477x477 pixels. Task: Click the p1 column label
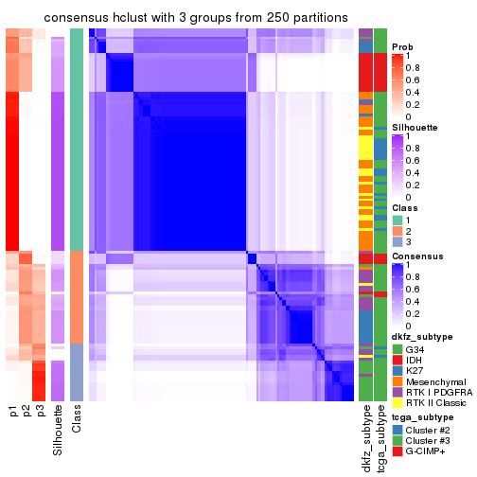(13, 412)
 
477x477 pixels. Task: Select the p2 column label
(26, 412)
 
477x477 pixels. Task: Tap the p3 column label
(40, 412)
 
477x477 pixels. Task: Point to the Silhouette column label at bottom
(59, 427)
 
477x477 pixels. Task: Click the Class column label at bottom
(77, 420)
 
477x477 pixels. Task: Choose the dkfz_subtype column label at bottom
(365, 438)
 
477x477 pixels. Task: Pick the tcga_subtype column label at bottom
(380, 437)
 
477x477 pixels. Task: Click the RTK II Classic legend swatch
(397, 404)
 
